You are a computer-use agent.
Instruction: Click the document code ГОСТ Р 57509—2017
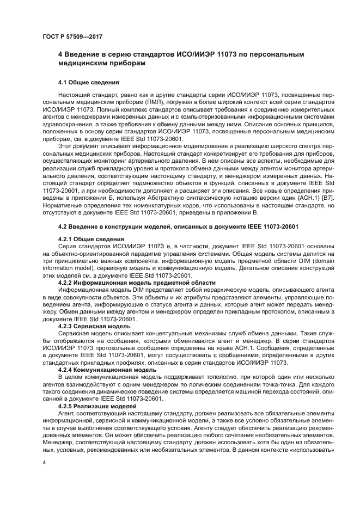tap(72, 36)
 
